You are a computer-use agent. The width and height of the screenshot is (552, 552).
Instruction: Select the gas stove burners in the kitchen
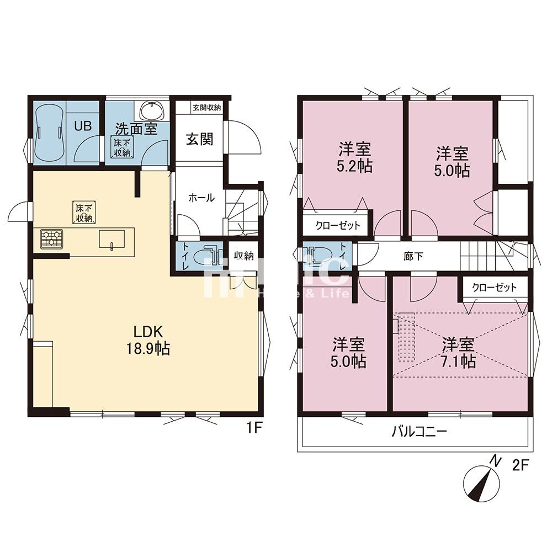(51, 238)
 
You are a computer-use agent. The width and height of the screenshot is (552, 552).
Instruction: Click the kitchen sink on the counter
(112, 240)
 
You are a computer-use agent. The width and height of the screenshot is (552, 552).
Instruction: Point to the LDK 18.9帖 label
(148, 340)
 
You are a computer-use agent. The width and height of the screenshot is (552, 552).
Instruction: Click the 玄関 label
(200, 139)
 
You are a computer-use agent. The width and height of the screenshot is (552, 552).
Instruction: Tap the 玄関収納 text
(206, 108)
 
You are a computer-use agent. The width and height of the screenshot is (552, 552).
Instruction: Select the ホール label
(201, 198)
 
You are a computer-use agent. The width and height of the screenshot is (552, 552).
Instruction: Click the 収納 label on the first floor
(243, 256)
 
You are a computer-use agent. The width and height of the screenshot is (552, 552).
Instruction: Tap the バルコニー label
(420, 431)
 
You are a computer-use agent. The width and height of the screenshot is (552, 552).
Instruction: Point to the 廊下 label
(413, 256)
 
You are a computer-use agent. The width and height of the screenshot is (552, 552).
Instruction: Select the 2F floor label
(521, 465)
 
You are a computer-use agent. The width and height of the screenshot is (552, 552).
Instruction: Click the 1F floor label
(254, 428)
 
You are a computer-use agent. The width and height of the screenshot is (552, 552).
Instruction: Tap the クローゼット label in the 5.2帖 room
(338, 225)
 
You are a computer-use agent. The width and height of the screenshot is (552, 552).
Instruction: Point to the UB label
(83, 126)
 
